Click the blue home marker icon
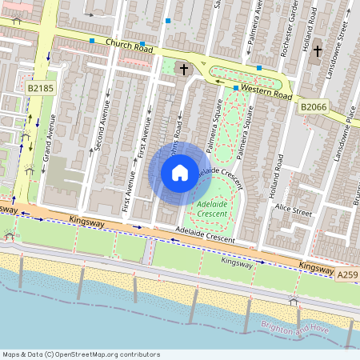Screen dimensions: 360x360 click(180, 172)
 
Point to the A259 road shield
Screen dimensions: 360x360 click(346, 275)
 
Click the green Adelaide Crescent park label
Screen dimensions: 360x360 click(210, 210)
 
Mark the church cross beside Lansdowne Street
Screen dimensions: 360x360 click(317, 51)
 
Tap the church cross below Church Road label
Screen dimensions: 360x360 click(184, 70)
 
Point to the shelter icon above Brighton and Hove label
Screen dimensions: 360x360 click(293, 301)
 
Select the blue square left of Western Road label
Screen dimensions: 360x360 click(235, 87)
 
